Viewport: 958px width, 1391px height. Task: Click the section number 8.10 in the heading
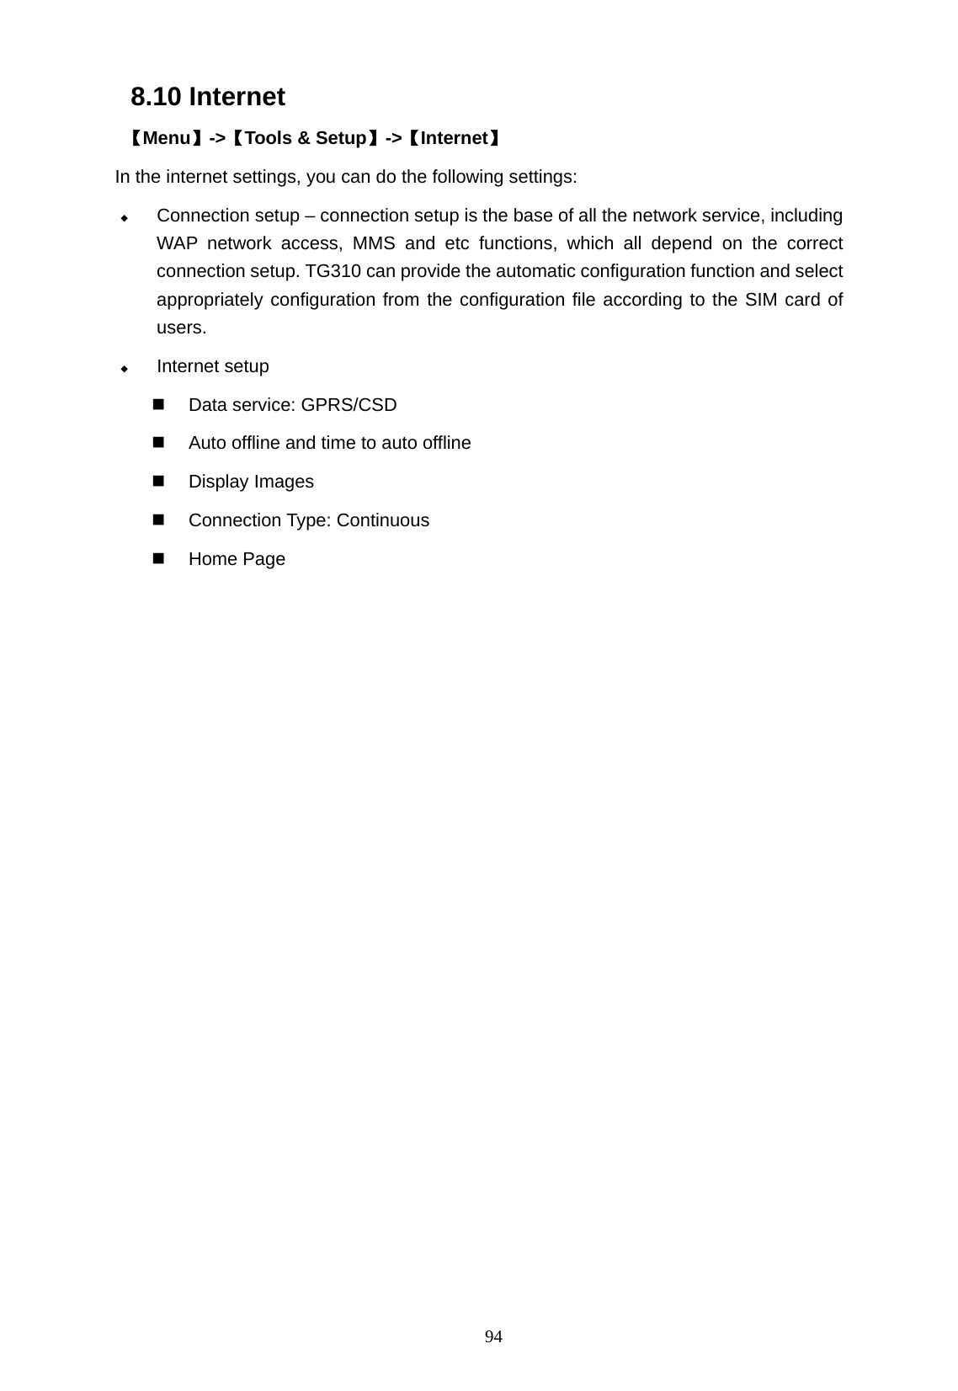point(156,98)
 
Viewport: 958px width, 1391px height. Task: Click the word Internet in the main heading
point(237,98)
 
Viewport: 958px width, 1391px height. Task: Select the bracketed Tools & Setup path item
point(304,138)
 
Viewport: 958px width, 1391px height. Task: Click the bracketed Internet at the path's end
point(454,138)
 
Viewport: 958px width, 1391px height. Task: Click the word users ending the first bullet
point(181,328)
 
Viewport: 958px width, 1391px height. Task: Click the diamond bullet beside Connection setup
point(124,218)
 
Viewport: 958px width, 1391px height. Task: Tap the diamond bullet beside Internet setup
point(124,369)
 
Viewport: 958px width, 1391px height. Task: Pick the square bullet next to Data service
point(158,405)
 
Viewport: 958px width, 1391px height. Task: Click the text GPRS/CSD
point(349,405)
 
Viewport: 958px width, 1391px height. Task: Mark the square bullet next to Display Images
point(158,482)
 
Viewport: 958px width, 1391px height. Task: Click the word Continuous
point(382,520)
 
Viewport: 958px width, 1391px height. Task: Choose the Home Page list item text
point(237,559)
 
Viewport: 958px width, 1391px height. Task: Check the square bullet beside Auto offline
point(158,443)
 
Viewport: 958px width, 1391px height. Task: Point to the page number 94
point(494,1337)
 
